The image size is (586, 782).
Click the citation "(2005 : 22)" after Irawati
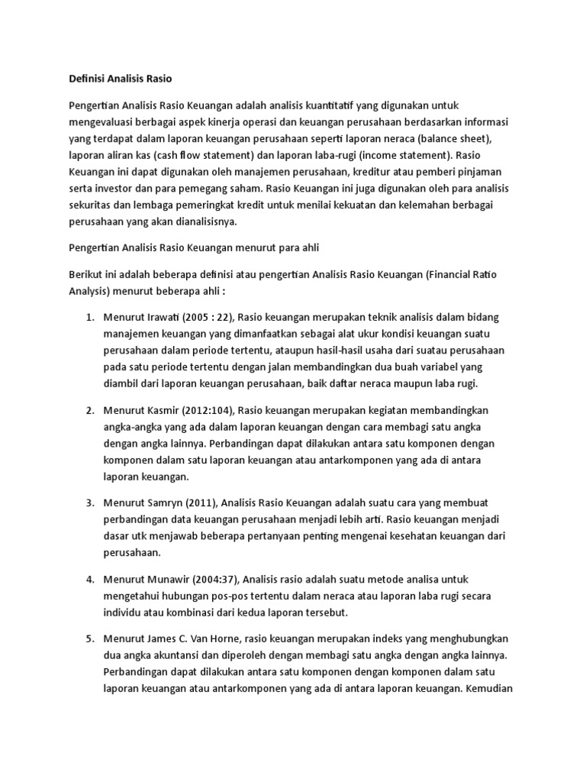pyautogui.click(x=209, y=316)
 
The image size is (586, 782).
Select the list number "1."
pyautogui.click(x=89, y=316)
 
